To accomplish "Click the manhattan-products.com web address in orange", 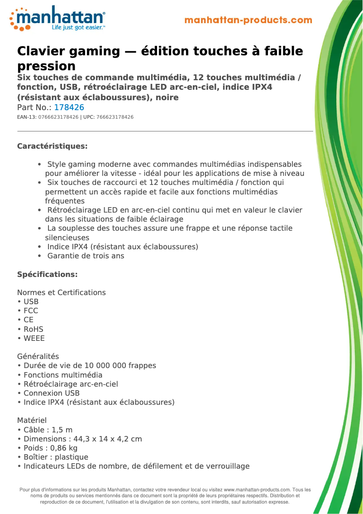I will tap(248, 20).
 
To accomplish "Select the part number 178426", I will tap(69, 107).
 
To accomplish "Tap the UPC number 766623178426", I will tap(115, 117).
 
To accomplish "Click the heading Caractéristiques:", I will tap(52, 146).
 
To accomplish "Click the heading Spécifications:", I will tap(47, 274).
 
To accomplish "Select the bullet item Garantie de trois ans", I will tap(86, 256).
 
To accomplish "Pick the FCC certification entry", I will tap(31, 310).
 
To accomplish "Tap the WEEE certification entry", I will tap(34, 338).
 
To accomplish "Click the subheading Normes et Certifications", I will tap(61, 292).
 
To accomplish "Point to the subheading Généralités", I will tap(38, 356).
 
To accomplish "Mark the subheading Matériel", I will tap(32, 420).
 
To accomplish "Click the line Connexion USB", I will tap(51, 393).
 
